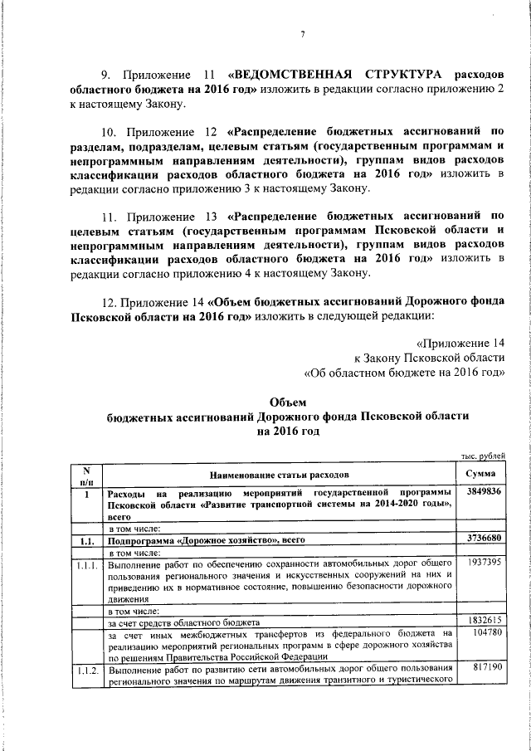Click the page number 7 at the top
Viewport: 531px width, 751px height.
(x=302, y=34)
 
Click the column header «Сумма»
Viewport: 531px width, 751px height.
(x=480, y=474)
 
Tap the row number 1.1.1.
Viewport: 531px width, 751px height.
(x=85, y=564)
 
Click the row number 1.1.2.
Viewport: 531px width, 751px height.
(x=85, y=669)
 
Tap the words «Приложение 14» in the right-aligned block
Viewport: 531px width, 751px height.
(x=463, y=342)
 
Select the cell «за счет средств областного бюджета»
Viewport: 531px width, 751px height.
(x=184, y=622)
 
